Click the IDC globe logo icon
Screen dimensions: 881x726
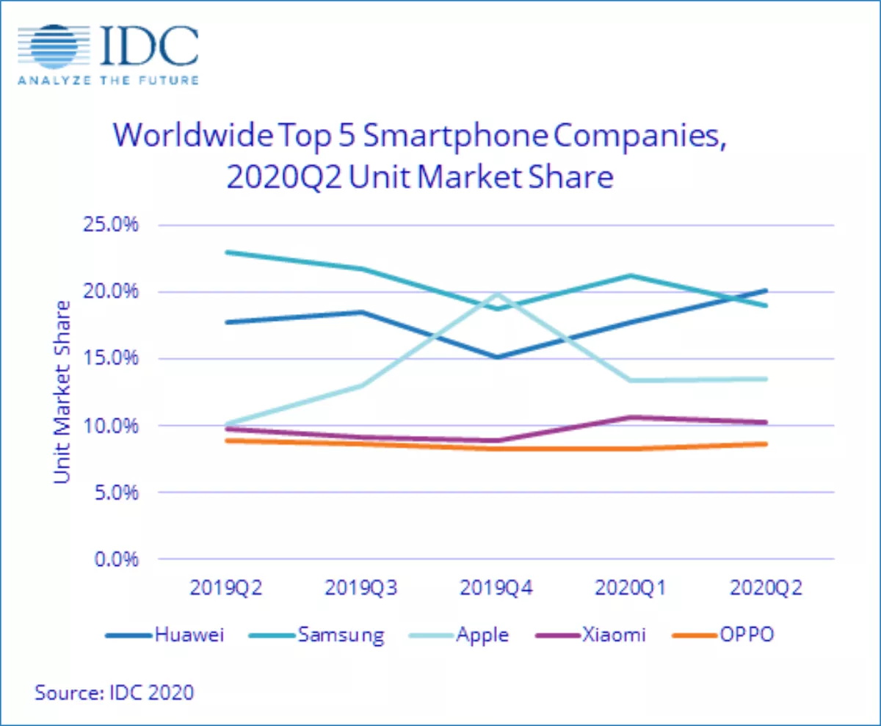point(54,47)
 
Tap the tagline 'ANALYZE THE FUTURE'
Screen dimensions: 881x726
point(108,80)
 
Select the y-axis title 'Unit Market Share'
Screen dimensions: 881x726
point(62,392)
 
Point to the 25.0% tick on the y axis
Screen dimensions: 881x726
point(111,225)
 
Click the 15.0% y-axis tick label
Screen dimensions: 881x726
point(111,358)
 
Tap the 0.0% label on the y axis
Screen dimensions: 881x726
point(116,559)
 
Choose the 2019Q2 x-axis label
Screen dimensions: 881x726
point(226,587)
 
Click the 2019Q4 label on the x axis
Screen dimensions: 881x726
point(496,587)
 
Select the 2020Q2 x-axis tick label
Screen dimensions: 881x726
point(766,587)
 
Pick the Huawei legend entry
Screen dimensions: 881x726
point(164,634)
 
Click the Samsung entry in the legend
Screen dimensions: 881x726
point(317,635)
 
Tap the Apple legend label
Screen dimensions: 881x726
point(459,635)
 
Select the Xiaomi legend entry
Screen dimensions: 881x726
point(590,634)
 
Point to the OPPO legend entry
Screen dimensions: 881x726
point(722,634)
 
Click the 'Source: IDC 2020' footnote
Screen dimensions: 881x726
point(115,692)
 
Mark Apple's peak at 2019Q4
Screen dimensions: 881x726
point(498,294)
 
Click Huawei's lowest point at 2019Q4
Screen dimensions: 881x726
point(498,357)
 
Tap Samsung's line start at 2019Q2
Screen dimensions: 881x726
point(227,253)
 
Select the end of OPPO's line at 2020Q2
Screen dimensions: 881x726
point(766,444)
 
